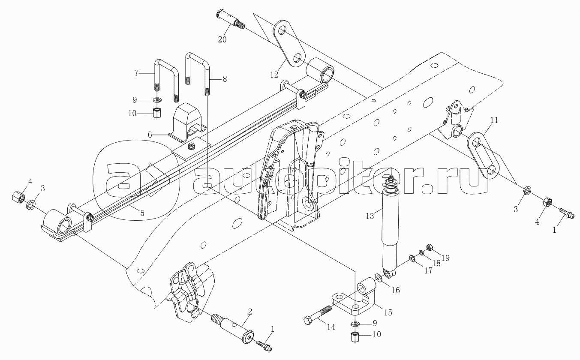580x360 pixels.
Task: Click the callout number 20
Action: [222, 39]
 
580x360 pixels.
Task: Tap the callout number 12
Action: [274, 75]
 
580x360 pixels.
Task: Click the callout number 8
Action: [225, 79]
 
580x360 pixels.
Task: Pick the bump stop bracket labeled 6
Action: [187, 123]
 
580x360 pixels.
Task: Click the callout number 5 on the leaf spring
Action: [142, 213]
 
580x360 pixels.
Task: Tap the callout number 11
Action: [494, 120]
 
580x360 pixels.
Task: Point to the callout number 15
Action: [388, 312]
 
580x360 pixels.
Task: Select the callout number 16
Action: [395, 290]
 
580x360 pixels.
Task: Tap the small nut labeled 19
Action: [429, 247]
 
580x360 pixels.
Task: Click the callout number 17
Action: [428, 271]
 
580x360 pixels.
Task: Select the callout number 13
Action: [370, 216]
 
